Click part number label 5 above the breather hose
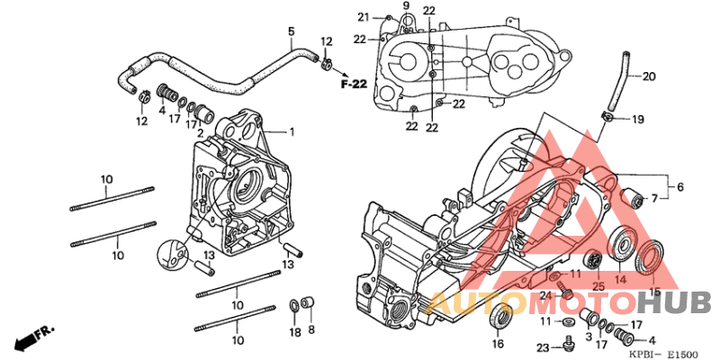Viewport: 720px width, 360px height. tap(291, 31)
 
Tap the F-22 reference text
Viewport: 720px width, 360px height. tap(354, 84)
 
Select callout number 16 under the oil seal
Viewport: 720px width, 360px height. tap(498, 344)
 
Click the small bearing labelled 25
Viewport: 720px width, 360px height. tap(596, 261)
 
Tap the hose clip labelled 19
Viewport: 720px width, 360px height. tap(607, 117)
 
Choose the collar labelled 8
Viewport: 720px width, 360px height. tap(308, 303)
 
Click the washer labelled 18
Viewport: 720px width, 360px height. tap(294, 305)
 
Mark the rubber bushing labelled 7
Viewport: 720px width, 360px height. tap(633, 199)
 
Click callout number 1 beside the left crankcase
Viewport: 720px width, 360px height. tap(291, 132)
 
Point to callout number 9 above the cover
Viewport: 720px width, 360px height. tap(406, 5)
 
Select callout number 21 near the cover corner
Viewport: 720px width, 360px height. tap(364, 17)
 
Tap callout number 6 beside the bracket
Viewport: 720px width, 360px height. tap(680, 187)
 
